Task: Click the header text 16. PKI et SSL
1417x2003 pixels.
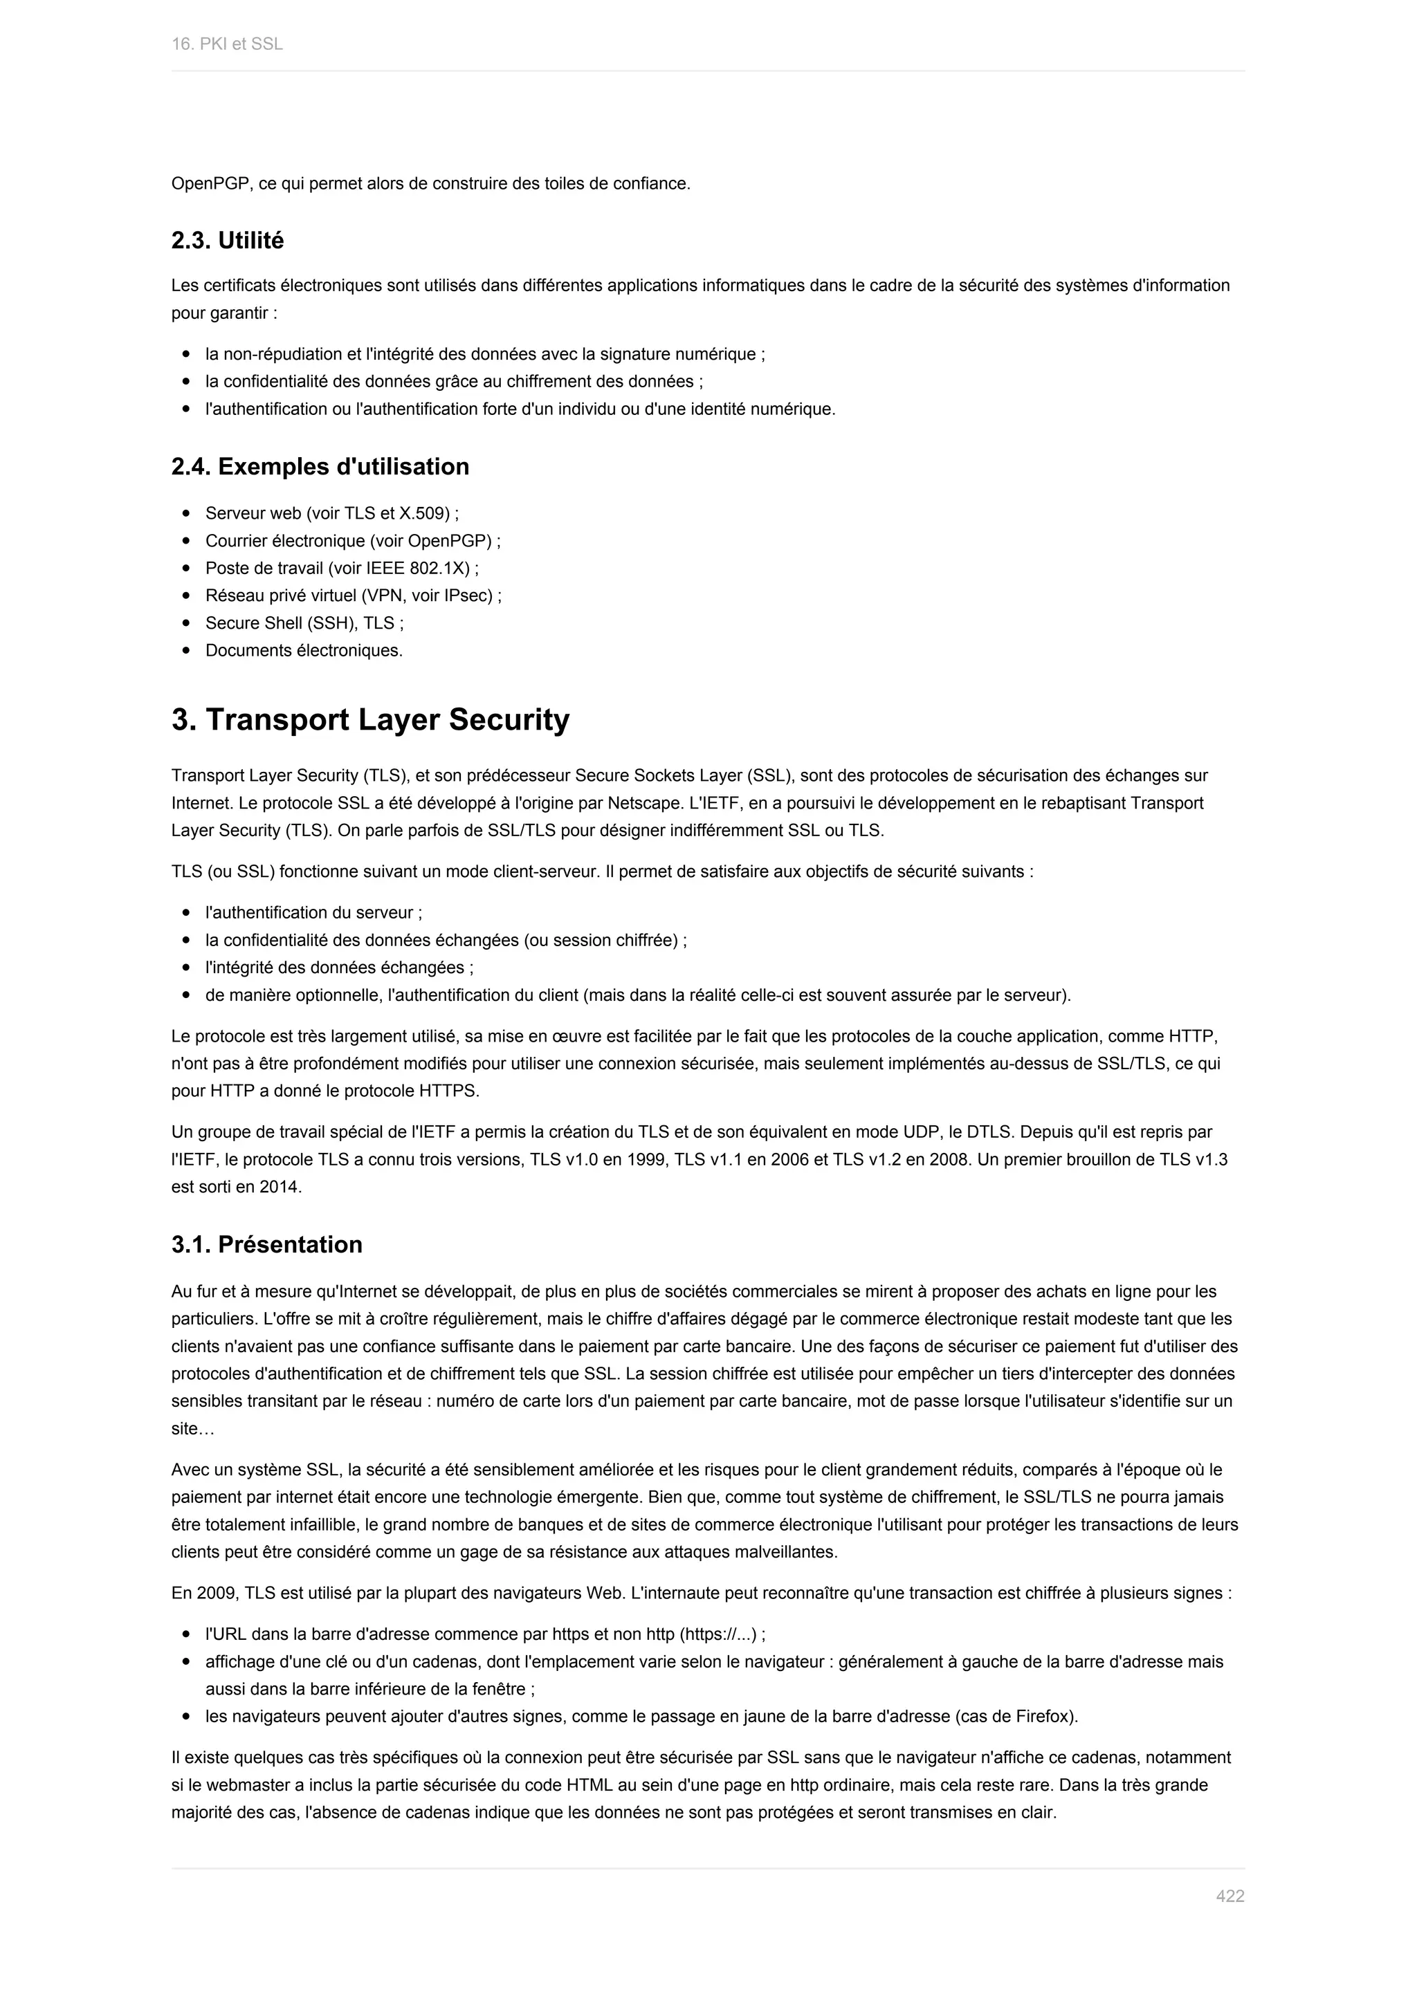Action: (227, 44)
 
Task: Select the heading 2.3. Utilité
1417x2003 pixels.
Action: (228, 241)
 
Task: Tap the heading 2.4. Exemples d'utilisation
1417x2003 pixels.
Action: (320, 467)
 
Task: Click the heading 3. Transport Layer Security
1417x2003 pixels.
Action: (370, 720)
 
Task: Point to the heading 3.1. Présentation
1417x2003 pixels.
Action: (267, 1245)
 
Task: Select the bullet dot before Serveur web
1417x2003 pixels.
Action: (186, 514)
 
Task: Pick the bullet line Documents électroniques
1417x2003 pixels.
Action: (304, 651)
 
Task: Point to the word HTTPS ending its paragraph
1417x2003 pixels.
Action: (448, 1091)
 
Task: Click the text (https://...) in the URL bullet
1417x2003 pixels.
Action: (717, 1635)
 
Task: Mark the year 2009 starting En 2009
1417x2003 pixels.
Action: (214, 1594)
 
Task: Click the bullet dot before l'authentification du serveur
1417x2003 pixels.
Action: (186, 914)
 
